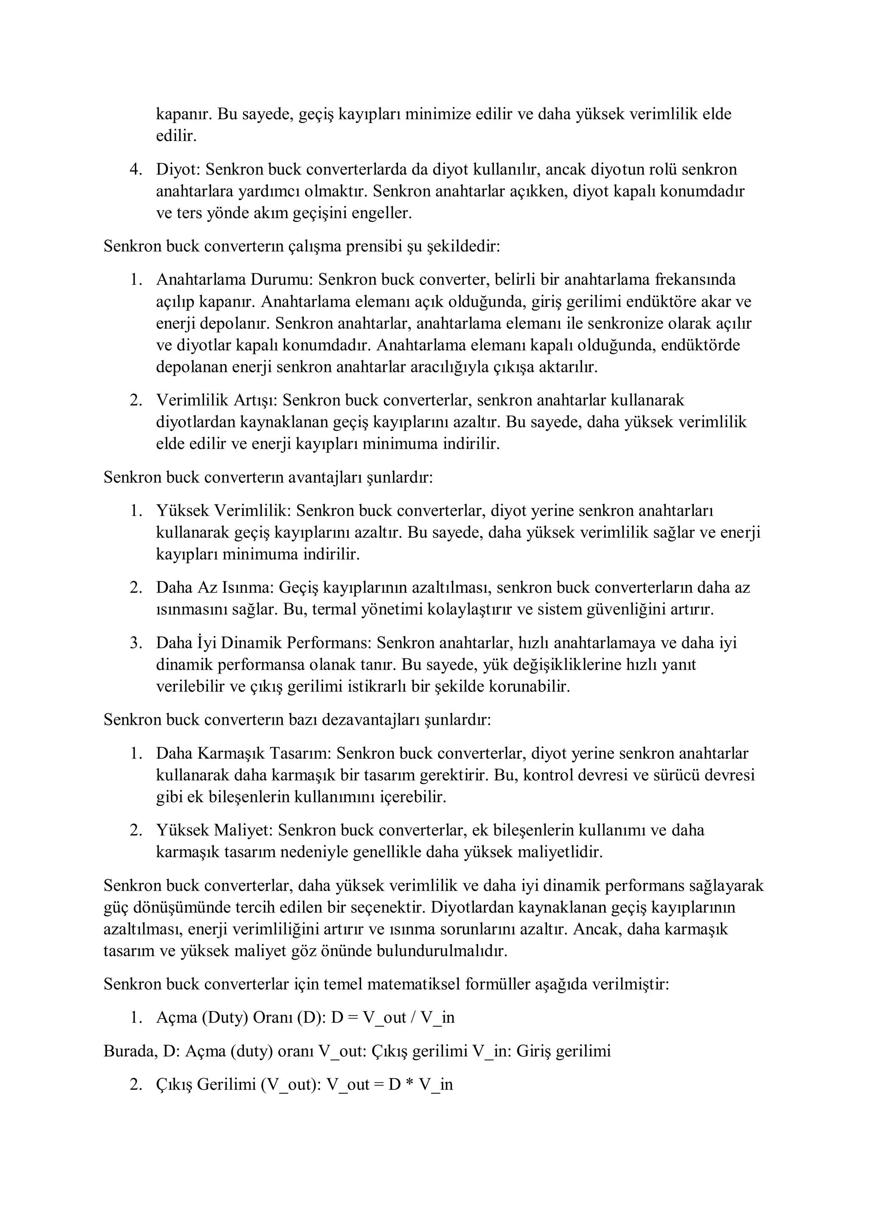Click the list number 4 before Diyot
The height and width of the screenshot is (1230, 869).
tap(135, 170)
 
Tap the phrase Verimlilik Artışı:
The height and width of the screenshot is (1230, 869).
tap(216, 400)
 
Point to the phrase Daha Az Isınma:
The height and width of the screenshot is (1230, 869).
tap(215, 588)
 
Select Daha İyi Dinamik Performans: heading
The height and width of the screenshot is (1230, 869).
tap(264, 643)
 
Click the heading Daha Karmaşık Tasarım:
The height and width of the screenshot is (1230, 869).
tap(244, 753)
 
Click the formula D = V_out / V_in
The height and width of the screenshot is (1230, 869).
tap(392, 1018)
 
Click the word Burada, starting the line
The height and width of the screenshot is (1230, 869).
tap(131, 1051)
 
